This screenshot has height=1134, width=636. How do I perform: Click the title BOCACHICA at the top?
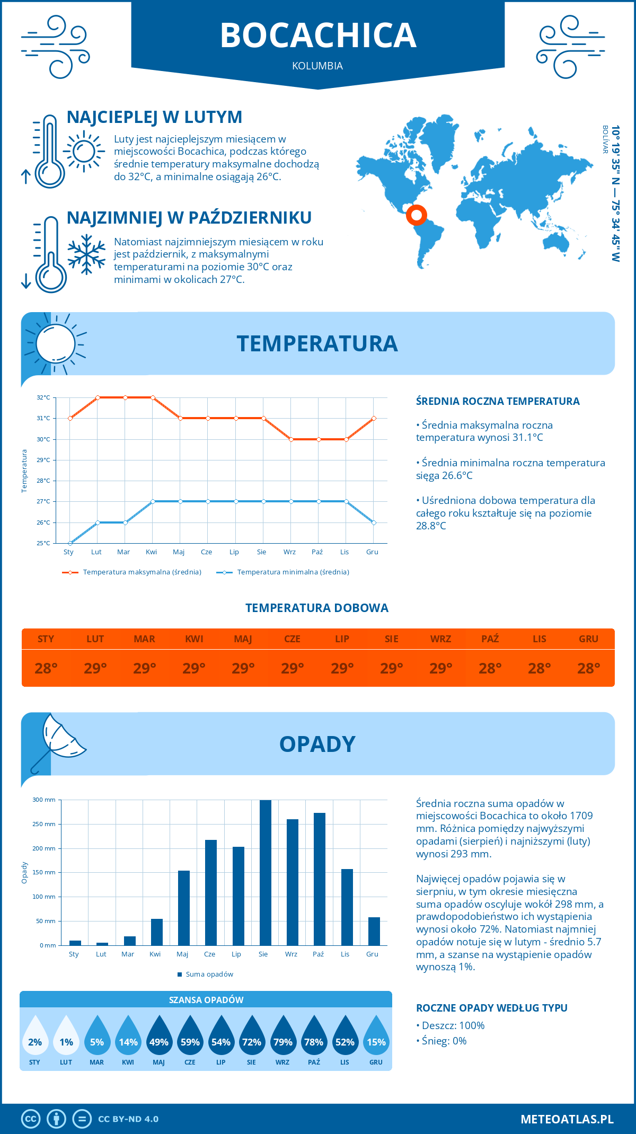click(318, 36)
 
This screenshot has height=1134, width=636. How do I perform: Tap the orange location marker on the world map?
click(417, 215)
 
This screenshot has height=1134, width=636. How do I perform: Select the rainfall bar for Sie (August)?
click(265, 872)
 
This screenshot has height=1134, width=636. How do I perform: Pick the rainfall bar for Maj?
click(184, 908)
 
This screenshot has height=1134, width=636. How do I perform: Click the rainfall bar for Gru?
click(374, 931)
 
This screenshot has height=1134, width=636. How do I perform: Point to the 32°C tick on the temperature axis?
click(43, 397)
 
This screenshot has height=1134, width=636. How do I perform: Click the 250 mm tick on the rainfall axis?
click(44, 824)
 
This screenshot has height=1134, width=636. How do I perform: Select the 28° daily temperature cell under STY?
click(46, 668)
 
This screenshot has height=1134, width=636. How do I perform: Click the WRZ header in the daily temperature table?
click(440, 639)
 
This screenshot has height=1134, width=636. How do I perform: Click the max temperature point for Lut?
click(98, 397)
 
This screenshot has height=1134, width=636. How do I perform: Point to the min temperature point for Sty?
click(70, 543)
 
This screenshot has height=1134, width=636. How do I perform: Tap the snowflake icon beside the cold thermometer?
click(86, 254)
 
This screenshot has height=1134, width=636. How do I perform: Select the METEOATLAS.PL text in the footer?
click(567, 1119)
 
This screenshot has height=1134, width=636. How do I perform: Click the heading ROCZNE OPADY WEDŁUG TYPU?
click(491, 1008)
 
